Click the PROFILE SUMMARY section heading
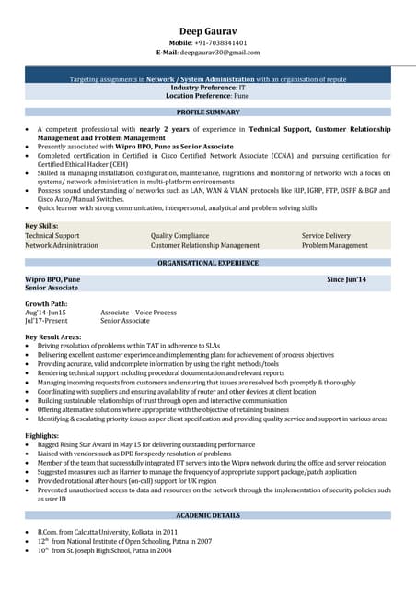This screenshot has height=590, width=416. (x=208, y=112)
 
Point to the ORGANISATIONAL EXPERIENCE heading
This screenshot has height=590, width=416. (x=208, y=263)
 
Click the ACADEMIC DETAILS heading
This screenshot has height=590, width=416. (x=208, y=514)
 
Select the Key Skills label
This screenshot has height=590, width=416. (x=41, y=226)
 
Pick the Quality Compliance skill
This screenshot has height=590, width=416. (x=179, y=236)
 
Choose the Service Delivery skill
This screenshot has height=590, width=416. (x=326, y=236)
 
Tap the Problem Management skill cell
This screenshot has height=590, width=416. (x=335, y=246)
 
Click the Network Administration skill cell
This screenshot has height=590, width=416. (x=62, y=246)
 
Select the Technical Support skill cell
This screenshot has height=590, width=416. (x=52, y=236)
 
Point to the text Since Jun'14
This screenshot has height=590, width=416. (x=347, y=278)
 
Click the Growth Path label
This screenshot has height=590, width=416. (x=46, y=303)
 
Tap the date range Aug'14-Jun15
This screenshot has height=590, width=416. (x=45, y=313)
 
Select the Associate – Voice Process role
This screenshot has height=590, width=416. (x=138, y=313)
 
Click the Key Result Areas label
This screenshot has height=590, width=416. (x=52, y=337)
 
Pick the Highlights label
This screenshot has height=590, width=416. (x=42, y=434)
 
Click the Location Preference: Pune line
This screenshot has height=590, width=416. (x=208, y=95)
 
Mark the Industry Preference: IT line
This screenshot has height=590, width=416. (x=208, y=87)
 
